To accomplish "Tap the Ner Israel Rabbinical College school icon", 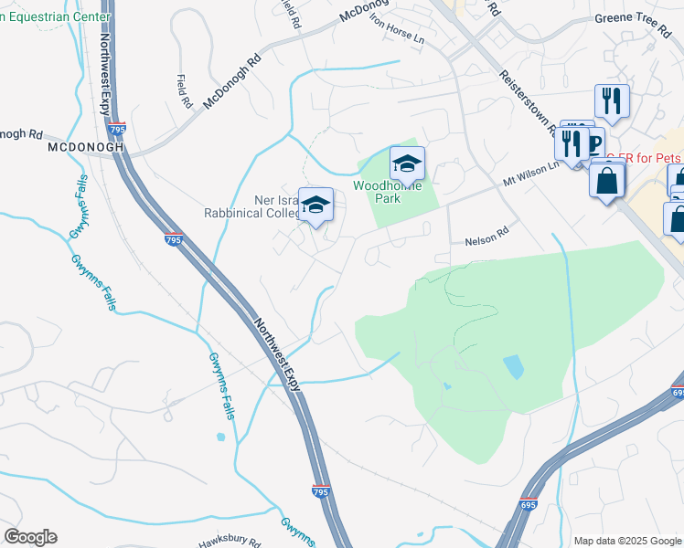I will (315, 205).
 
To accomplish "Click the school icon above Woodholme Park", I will (408, 163).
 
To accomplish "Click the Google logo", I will (30, 537).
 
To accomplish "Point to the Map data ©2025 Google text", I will (626, 541).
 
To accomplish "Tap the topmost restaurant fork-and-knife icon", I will (612, 100).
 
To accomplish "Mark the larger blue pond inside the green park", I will (513, 367).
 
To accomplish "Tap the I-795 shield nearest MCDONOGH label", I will (117, 131).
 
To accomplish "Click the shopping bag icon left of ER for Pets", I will (607, 181).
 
